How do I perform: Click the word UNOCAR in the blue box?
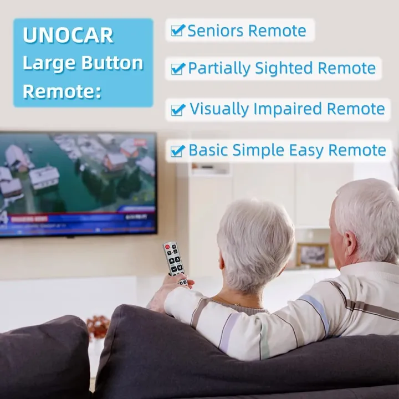[68, 35]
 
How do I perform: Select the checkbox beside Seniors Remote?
[177, 30]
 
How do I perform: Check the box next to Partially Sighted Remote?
[177, 69]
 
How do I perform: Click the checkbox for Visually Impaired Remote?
[177, 110]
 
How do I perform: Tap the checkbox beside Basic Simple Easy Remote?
[177, 151]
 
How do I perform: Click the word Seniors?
[216, 31]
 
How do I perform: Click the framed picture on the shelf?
[313, 254]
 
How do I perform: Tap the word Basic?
[208, 151]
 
